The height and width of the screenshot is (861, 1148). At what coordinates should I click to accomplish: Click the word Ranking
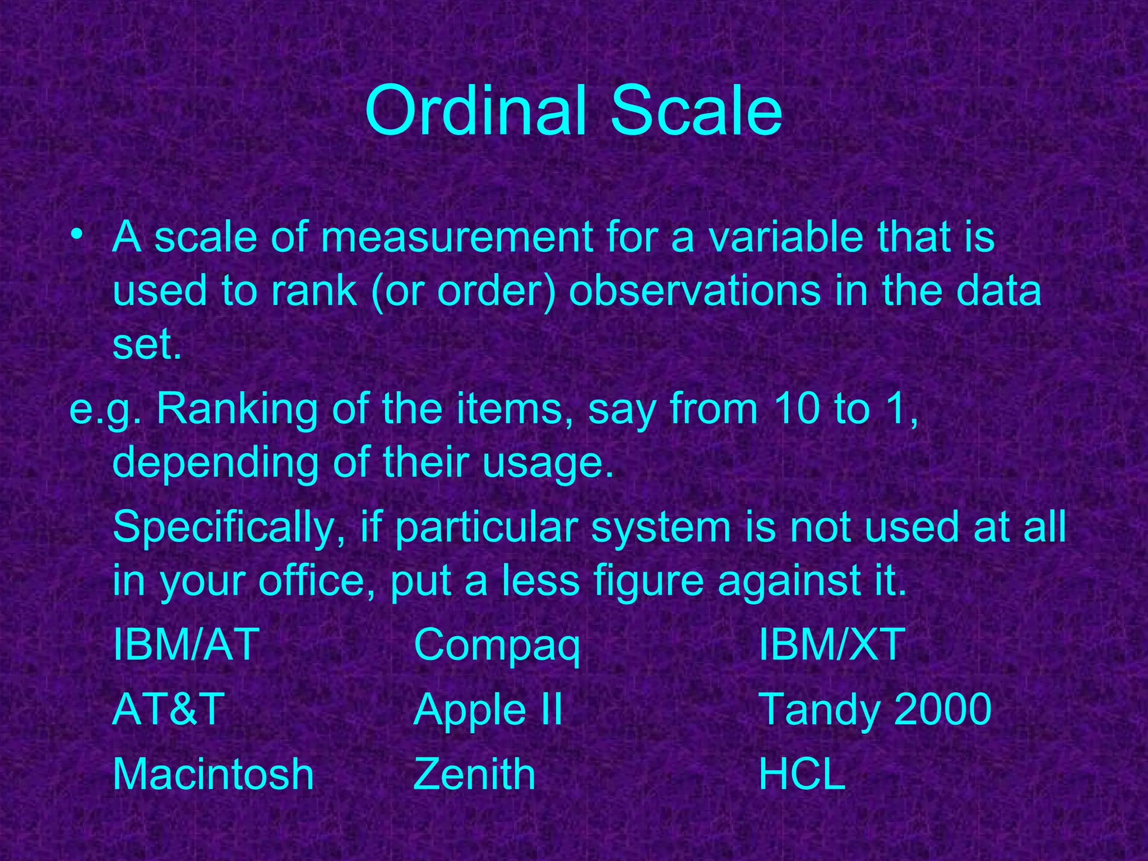tap(236, 410)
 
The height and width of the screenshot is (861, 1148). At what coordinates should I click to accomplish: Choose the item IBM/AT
tap(186, 645)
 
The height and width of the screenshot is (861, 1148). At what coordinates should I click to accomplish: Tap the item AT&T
tap(168, 710)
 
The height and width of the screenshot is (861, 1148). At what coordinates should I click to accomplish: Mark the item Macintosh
tap(213, 775)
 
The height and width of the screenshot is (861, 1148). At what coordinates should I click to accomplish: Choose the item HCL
tap(802, 775)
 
